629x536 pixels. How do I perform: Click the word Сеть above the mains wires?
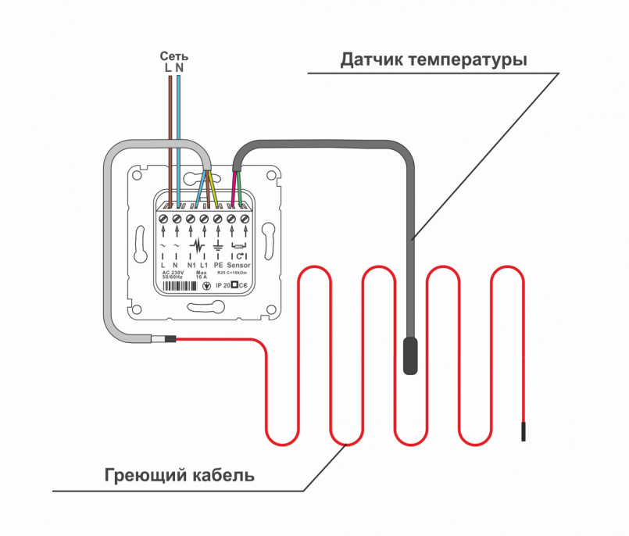click(174, 56)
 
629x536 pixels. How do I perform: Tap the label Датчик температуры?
click(433, 59)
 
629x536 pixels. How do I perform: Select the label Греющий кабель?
click(179, 474)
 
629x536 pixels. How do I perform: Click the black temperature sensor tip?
click(410, 356)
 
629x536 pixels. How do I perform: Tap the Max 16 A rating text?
click(201, 275)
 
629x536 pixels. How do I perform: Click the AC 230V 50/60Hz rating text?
click(171, 275)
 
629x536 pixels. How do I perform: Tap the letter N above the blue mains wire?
click(180, 68)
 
